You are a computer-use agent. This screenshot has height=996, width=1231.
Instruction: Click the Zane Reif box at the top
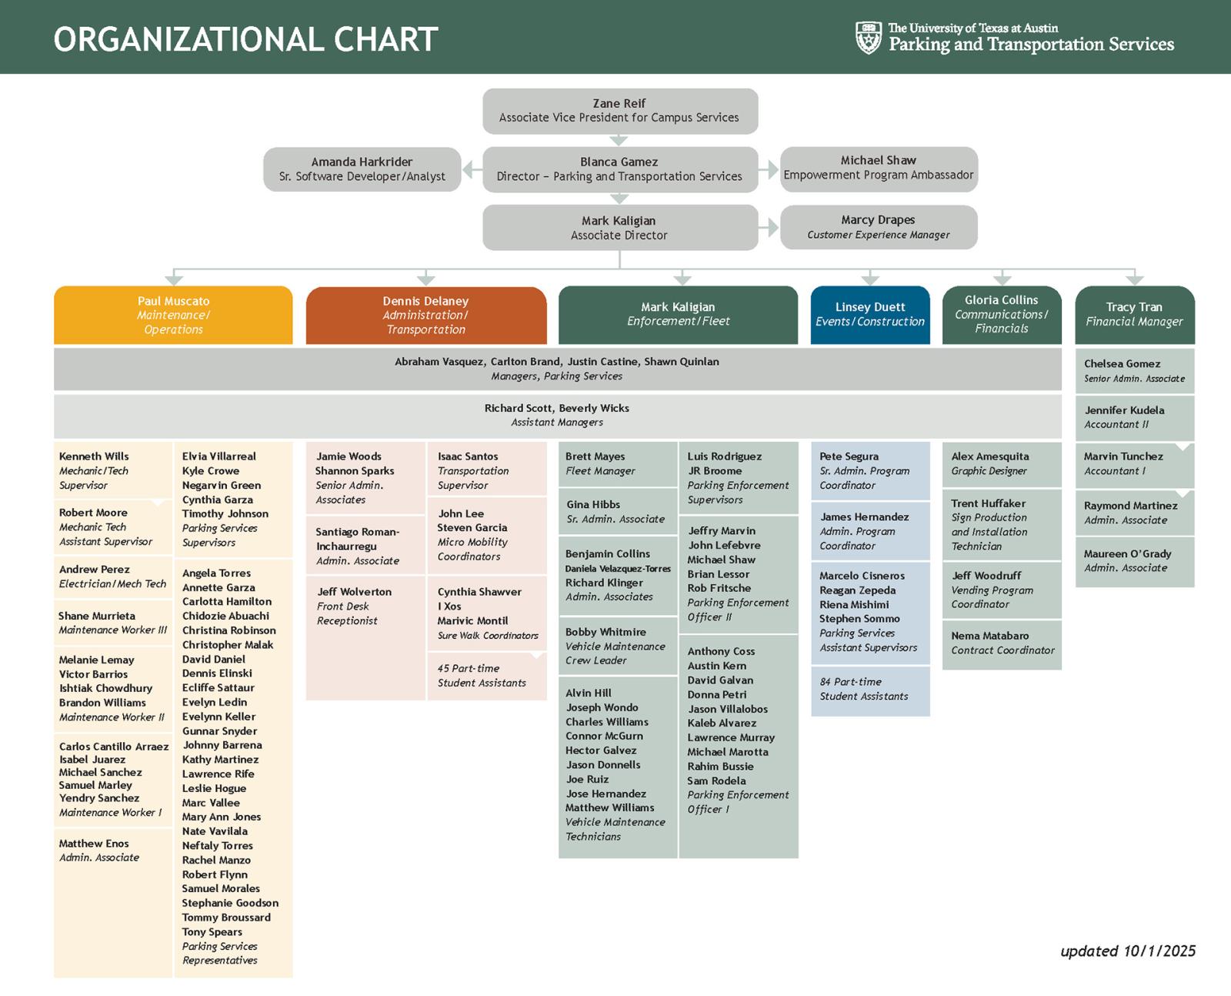click(x=620, y=111)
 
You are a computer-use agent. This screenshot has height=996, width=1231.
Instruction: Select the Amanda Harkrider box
click(x=362, y=169)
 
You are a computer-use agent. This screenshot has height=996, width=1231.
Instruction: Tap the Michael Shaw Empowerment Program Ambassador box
click(x=879, y=169)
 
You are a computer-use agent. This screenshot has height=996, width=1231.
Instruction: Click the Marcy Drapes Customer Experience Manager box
click(x=879, y=227)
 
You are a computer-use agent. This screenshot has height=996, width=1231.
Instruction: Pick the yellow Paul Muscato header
click(x=173, y=316)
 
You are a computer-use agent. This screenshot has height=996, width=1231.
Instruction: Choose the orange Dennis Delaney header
click(x=426, y=316)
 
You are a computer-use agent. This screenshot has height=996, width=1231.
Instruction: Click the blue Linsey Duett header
click(x=870, y=316)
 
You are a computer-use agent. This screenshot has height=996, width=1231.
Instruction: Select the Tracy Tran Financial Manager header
click(x=1135, y=316)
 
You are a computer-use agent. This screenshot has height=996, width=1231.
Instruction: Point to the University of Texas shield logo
click(x=869, y=37)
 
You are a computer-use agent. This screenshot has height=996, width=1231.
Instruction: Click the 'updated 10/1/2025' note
click(x=1128, y=951)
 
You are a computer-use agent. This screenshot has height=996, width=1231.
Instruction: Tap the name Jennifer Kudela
click(x=1124, y=410)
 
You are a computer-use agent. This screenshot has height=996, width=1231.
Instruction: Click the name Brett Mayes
click(x=595, y=456)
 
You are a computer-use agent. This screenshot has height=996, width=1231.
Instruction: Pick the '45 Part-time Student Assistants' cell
click(x=487, y=676)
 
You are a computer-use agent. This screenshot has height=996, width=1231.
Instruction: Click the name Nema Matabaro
click(x=990, y=636)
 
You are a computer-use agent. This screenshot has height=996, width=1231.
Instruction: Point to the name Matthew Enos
click(x=94, y=844)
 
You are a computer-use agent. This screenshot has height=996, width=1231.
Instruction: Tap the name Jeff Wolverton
click(x=355, y=592)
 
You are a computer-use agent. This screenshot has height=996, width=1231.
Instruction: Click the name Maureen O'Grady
click(x=1128, y=553)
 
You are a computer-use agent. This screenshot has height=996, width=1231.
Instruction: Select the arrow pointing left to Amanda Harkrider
click(x=472, y=169)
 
